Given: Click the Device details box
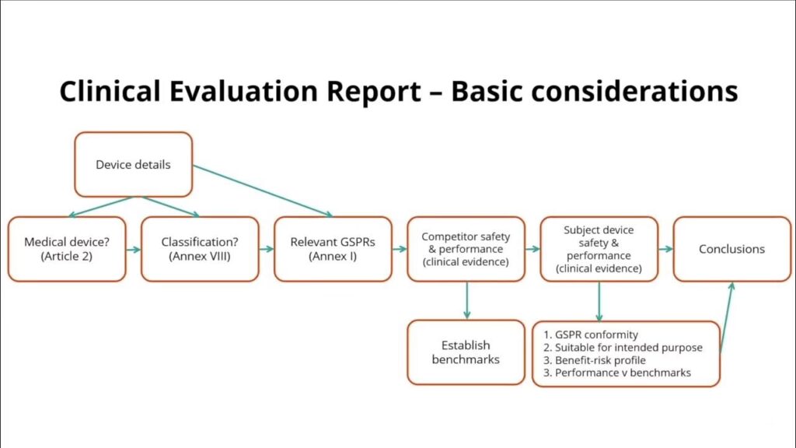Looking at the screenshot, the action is (x=134, y=165).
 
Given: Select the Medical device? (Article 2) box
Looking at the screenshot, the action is (x=67, y=249).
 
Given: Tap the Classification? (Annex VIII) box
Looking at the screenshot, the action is (x=200, y=249).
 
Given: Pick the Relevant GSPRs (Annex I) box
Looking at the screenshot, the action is (x=333, y=249).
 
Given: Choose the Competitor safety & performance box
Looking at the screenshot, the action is (x=466, y=249).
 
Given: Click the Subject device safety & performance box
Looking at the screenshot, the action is (x=599, y=249).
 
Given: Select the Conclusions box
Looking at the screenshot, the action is (x=732, y=249).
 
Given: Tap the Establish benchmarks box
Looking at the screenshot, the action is (x=466, y=352).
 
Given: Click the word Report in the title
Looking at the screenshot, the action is (x=374, y=92).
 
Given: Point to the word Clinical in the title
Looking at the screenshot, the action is (x=110, y=91).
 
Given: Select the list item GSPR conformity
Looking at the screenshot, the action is (x=591, y=334).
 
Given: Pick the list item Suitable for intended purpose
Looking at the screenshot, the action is (x=623, y=348).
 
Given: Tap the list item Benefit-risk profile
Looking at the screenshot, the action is (x=595, y=360).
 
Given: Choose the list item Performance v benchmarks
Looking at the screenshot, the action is (x=616, y=373).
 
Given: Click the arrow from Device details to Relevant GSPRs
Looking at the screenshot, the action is (x=263, y=191).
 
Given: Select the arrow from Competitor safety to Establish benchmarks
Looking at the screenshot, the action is (x=466, y=301).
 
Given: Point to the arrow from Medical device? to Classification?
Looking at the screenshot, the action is (x=134, y=250).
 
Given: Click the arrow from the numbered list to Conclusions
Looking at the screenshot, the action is (x=727, y=317).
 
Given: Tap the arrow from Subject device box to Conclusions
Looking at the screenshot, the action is (x=665, y=249).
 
